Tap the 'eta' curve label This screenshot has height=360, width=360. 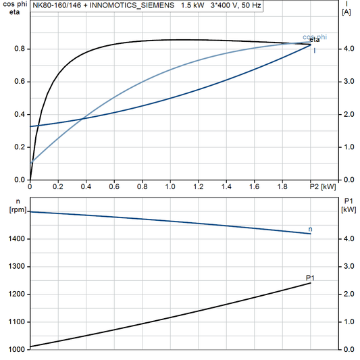coord(314,41)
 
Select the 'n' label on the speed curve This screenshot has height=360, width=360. coord(310,230)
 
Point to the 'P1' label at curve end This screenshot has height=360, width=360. coord(310,278)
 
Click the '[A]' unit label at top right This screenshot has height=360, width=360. coord(346,12)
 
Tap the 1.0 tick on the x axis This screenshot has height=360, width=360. coord(170,186)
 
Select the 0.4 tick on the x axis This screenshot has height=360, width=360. coord(86,186)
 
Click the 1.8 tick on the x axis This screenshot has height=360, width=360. coord(282,186)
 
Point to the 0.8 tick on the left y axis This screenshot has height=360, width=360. coord(20,49)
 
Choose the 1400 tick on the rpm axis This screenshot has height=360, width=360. coord(17,239)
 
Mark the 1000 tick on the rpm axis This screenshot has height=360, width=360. coord(17,349)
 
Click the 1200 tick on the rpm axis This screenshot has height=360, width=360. coord(17,294)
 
